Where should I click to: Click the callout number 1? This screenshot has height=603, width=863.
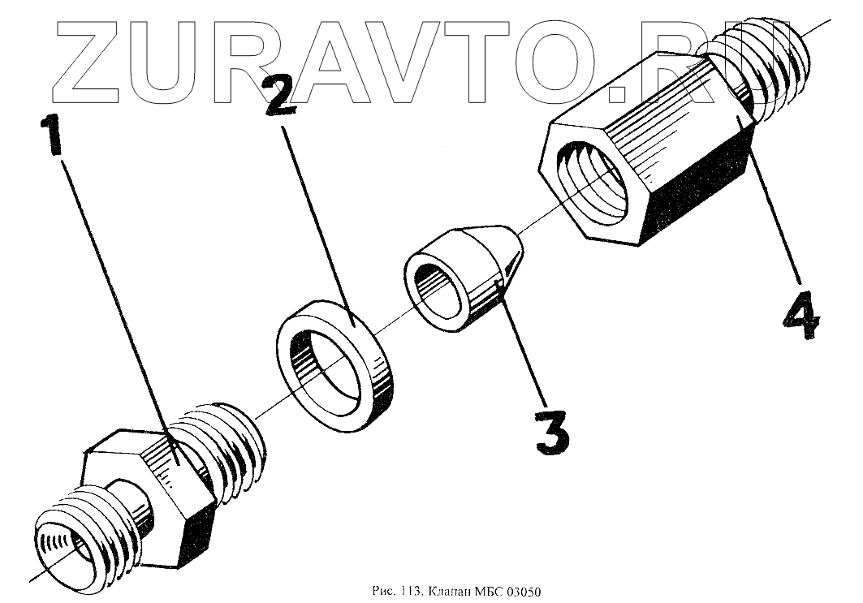tap(51, 135)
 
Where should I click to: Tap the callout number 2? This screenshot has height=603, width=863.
tap(282, 95)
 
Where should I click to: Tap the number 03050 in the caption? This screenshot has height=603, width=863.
tap(524, 592)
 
